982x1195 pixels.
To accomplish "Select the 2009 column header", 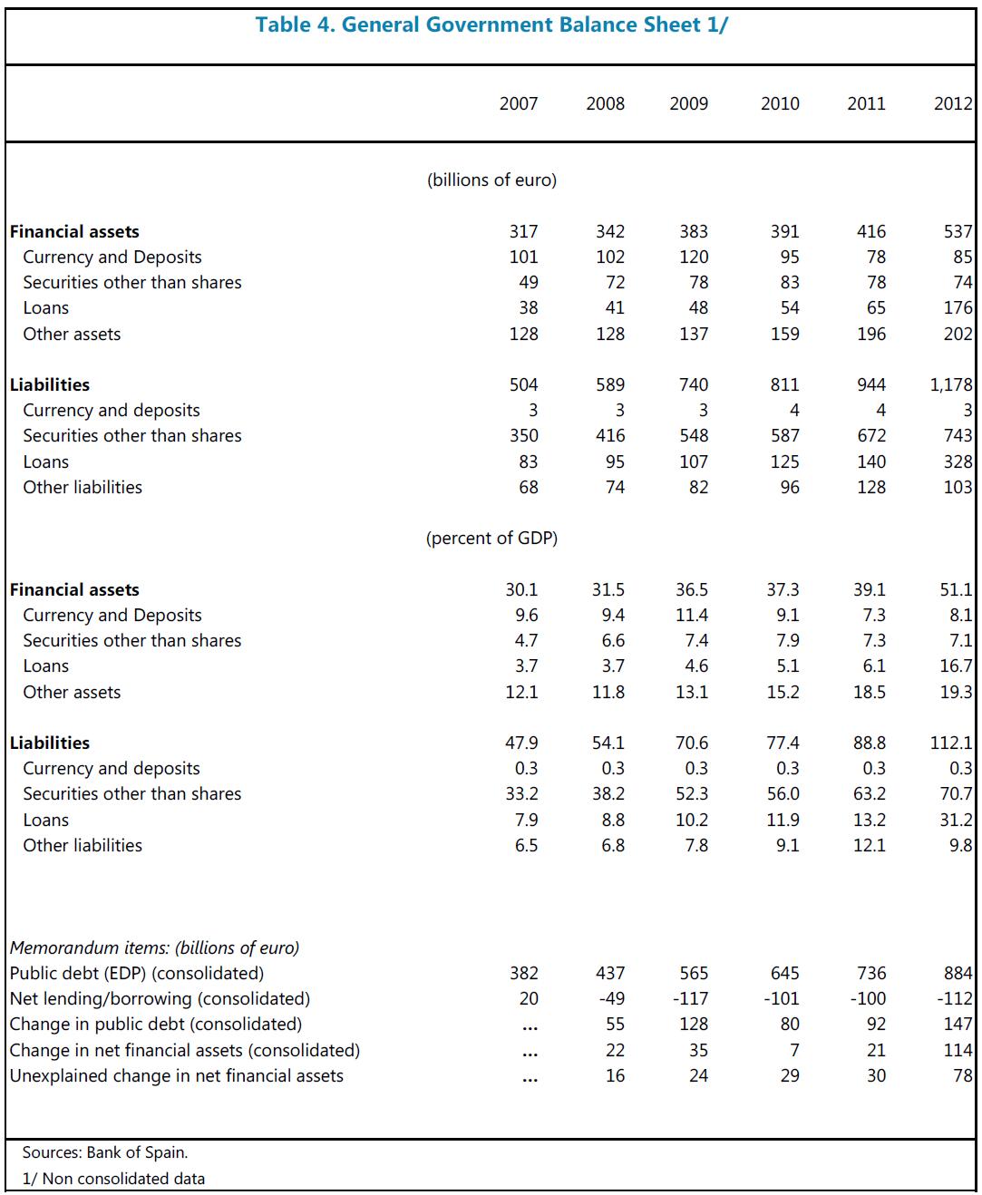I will (x=689, y=103).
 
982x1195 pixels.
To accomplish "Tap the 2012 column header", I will (x=953, y=103).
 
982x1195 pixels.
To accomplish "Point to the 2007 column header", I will (x=519, y=103).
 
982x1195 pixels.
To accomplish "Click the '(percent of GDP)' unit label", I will (x=491, y=539).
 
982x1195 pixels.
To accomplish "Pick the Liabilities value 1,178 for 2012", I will (x=951, y=384).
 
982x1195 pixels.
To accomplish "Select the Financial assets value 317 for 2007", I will (x=523, y=231).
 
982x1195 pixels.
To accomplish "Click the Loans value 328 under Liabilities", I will (x=958, y=461).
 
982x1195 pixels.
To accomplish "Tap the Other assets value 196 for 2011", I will (x=871, y=334).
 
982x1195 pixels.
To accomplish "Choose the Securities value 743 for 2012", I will (x=958, y=436).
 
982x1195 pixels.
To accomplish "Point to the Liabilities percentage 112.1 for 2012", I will (x=951, y=743).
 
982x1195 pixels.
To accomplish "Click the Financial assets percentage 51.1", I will (x=956, y=589).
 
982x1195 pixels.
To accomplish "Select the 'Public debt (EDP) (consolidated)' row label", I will (x=137, y=973).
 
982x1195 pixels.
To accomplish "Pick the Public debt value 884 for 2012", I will (x=958, y=973).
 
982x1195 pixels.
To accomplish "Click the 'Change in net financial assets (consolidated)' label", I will (x=185, y=1050).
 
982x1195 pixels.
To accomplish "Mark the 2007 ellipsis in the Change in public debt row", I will (x=530, y=1025).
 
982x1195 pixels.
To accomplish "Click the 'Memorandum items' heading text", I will (x=154, y=947).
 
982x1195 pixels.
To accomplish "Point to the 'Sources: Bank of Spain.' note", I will (x=105, y=1152).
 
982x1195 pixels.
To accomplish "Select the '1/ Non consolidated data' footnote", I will (x=113, y=1179).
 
